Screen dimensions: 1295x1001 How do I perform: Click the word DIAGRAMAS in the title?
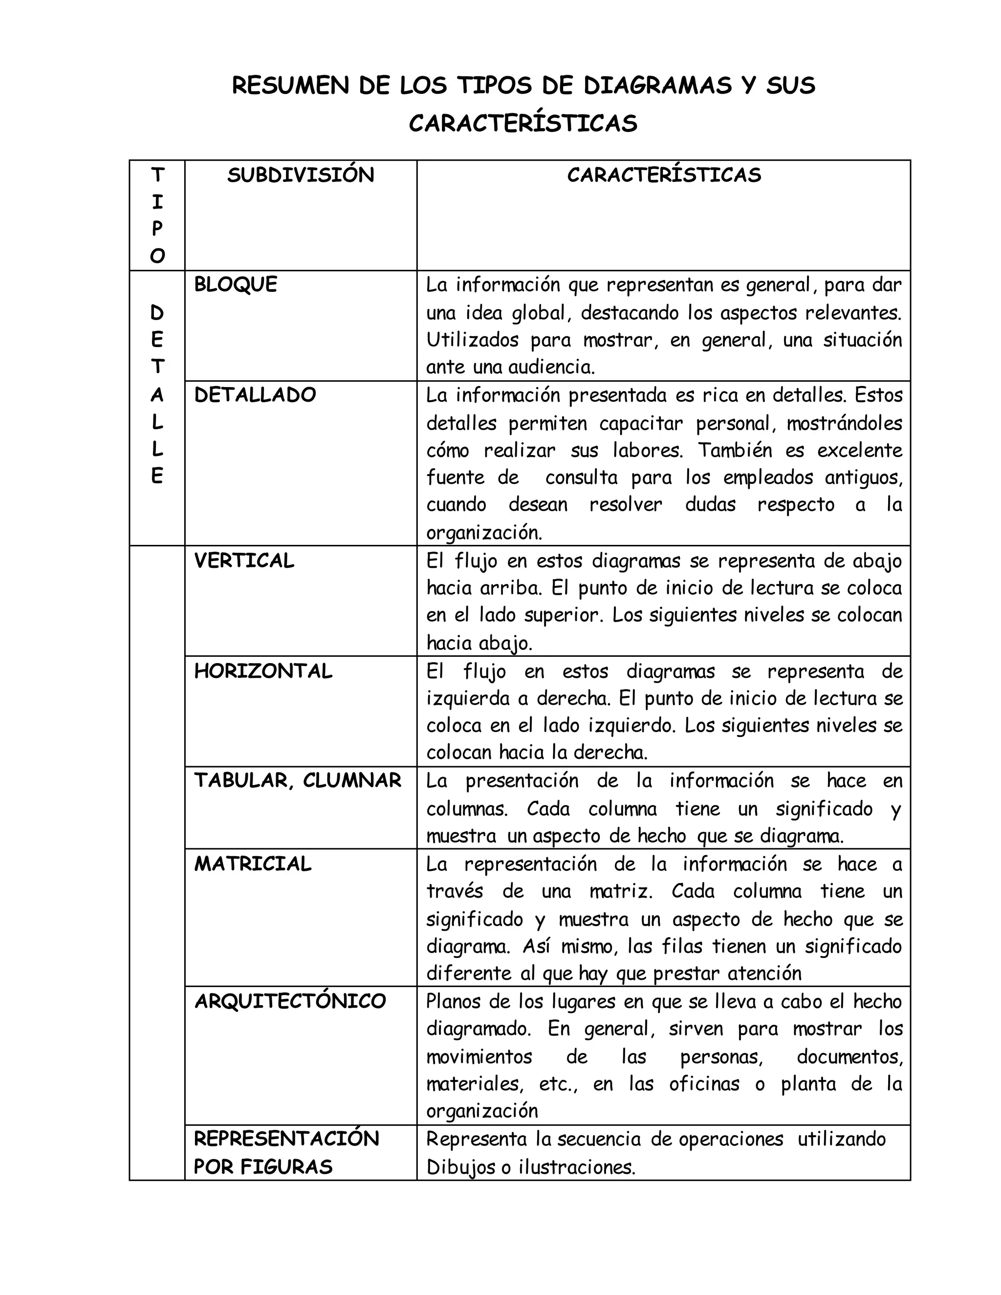tap(657, 86)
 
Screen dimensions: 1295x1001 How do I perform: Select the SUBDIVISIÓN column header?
tap(301, 175)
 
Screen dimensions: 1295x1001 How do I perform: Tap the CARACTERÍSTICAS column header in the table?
tap(664, 175)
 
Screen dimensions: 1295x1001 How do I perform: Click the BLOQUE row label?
tap(236, 284)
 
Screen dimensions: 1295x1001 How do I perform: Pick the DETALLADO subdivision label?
tap(255, 395)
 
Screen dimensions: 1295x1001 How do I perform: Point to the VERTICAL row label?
tap(244, 561)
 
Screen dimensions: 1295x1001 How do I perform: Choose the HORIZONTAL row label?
tap(263, 671)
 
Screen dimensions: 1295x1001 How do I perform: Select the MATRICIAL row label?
tap(253, 864)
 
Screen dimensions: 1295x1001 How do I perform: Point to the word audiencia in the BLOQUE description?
tap(551, 367)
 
